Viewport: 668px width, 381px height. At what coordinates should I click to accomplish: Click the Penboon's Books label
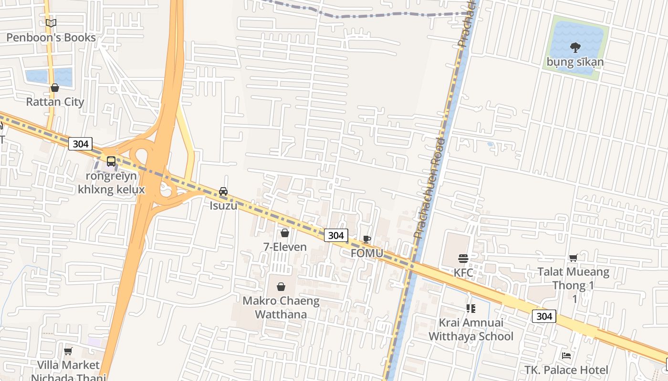pos(51,38)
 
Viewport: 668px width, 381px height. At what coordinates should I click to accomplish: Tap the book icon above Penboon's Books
pos(51,23)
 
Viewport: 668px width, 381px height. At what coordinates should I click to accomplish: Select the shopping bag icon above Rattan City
pos(55,88)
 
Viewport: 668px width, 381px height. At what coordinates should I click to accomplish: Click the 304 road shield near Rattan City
pos(80,144)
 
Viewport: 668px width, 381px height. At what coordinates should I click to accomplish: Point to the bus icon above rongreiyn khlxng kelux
pos(111,161)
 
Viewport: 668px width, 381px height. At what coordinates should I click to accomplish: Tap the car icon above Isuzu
pos(223,191)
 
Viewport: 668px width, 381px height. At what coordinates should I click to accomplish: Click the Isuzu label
pos(223,206)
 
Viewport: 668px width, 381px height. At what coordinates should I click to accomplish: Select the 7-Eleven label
pos(285,247)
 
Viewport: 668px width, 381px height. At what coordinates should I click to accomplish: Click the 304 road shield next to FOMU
pos(336,235)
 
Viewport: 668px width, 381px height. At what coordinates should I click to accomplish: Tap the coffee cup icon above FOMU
pos(366,239)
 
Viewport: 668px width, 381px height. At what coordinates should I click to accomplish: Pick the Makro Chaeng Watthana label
pos(281,308)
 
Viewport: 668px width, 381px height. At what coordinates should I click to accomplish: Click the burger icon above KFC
pos(463,259)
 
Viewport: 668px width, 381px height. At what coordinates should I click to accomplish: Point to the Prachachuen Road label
pos(431,188)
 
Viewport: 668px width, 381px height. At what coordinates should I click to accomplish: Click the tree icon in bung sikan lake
pos(575,47)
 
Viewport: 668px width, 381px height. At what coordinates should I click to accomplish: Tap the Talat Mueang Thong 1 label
pos(573,279)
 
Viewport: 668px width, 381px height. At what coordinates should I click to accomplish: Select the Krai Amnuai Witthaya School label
pos(470,330)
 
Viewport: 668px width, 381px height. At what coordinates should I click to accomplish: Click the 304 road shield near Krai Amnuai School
pos(544,316)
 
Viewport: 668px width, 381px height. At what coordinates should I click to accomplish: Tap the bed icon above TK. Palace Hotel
pos(566,355)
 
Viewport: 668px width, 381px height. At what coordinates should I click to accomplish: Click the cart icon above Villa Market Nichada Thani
pos(68,351)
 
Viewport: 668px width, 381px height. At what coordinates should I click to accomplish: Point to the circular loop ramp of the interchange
pos(142,156)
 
